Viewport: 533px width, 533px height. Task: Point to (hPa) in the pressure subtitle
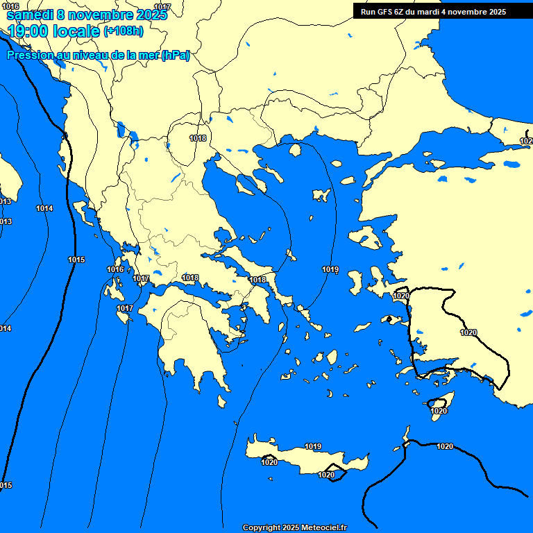tap(175, 56)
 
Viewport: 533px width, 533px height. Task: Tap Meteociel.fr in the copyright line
tap(323, 527)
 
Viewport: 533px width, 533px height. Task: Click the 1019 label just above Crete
tap(313, 446)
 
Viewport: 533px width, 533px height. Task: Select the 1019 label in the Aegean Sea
tap(330, 269)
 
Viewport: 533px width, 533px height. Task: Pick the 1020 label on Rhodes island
tap(439, 411)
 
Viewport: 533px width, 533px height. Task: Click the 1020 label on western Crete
tap(269, 462)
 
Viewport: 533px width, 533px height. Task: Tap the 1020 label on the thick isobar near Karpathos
tap(445, 446)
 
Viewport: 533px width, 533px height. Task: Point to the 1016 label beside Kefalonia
tap(115, 269)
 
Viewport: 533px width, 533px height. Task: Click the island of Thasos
tap(294, 150)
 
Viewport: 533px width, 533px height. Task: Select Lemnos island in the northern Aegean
tap(321, 195)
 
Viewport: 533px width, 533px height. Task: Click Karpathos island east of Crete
tap(406, 436)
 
